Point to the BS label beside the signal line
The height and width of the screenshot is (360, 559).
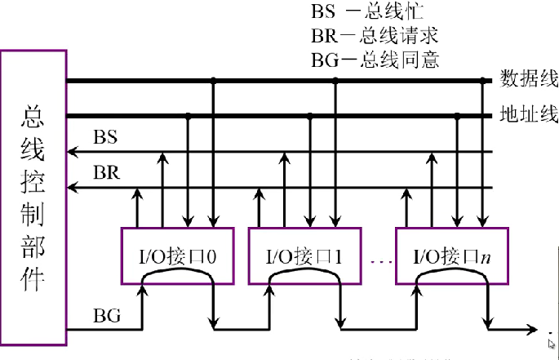(105, 137)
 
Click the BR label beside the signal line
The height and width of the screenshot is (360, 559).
(105, 174)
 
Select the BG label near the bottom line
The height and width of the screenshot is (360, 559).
(107, 313)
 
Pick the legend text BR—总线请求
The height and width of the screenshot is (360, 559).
(375, 36)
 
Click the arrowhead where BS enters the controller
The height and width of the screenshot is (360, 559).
(72, 152)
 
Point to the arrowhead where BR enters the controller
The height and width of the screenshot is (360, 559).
(72, 188)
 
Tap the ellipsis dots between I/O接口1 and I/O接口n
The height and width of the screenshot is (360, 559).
(380, 261)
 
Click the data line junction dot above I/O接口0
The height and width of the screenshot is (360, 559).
(213, 81)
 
